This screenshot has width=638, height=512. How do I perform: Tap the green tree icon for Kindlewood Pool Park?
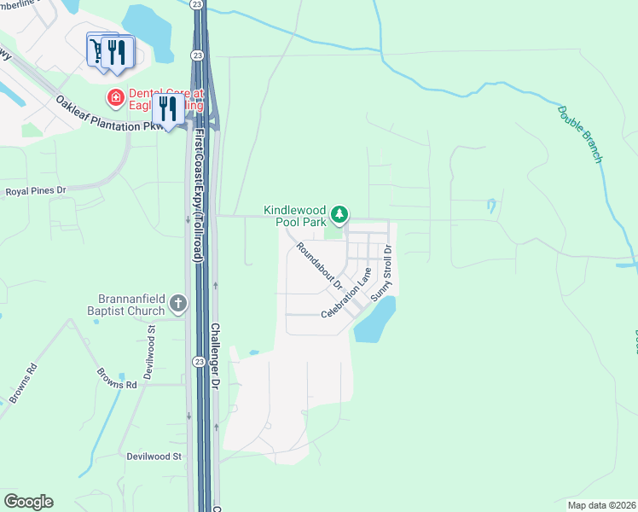[x=339, y=213]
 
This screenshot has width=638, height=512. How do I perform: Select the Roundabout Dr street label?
[x=319, y=265]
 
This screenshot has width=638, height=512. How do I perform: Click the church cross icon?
[x=177, y=303]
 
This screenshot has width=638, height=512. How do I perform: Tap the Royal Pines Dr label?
[x=36, y=191]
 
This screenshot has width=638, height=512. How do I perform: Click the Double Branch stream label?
[x=581, y=134]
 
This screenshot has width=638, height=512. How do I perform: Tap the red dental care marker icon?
[x=113, y=98]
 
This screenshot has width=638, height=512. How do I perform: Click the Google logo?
[x=28, y=502]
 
